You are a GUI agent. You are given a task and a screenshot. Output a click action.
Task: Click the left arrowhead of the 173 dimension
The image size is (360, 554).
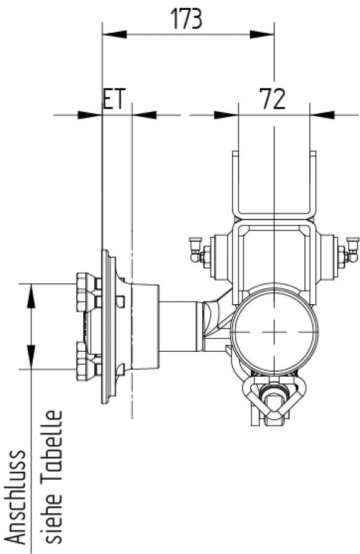(x=111, y=34)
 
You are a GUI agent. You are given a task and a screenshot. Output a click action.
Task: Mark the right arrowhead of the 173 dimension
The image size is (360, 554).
(x=265, y=34)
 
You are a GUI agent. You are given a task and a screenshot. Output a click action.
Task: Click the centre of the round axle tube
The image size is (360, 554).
(x=274, y=331)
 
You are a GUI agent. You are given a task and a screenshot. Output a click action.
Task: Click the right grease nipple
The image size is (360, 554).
(x=353, y=247)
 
